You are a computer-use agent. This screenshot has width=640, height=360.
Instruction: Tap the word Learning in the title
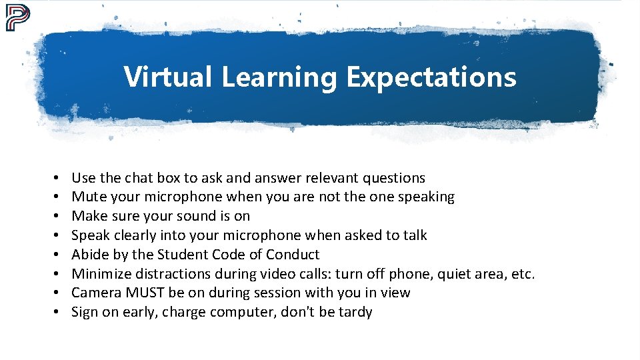pyautogui.click(x=280, y=77)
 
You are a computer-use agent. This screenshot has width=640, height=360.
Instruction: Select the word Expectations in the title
pyautogui.click(x=431, y=77)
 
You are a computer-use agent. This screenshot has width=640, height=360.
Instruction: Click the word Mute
pyautogui.click(x=87, y=197)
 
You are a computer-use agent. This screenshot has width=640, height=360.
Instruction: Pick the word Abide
pyautogui.click(x=89, y=255)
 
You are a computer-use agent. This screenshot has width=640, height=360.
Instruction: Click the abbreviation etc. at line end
pyautogui.click(x=523, y=273)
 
